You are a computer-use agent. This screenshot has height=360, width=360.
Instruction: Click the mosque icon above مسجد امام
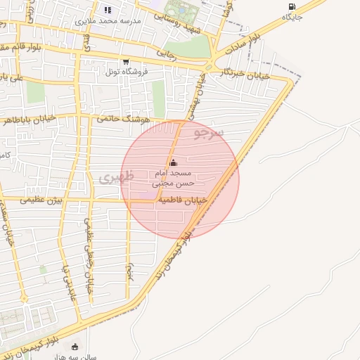[174, 162]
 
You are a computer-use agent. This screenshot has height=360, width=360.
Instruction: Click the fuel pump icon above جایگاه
[291, 7]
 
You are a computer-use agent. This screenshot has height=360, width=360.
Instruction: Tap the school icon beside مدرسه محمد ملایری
[108, 10]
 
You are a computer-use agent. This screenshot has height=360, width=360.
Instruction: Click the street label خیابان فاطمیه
[182, 200]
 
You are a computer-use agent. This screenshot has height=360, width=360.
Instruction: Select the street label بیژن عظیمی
[41, 200]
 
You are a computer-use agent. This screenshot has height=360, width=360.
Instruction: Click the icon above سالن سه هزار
[75, 347]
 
